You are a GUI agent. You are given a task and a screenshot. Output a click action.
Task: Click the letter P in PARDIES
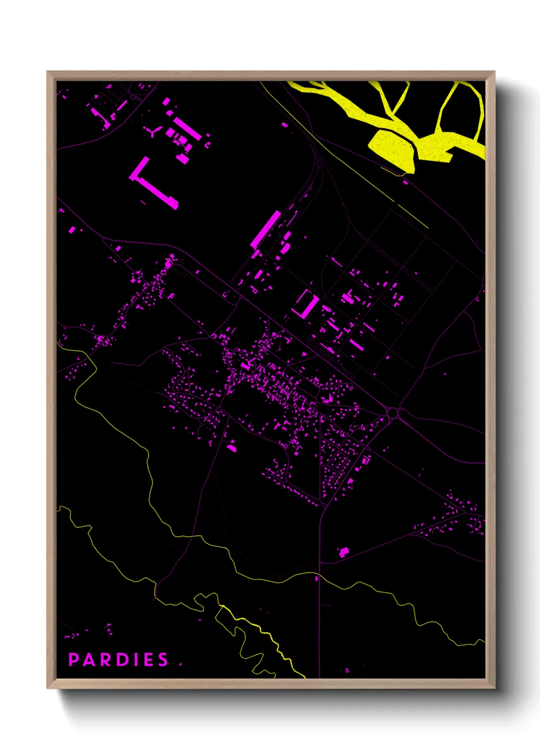pos(74,660)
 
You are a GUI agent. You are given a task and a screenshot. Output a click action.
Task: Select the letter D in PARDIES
pos(119,660)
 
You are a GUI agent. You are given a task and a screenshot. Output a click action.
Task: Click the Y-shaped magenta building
pos(153,132)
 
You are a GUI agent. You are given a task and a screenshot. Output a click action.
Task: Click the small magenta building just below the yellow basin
pos(406,182)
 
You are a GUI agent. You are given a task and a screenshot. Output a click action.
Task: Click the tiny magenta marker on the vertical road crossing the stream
pos(316,578)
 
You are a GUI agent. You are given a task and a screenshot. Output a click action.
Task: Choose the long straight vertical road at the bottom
pos(320,612)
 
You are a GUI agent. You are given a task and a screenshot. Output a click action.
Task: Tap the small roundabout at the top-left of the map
pos(133,96)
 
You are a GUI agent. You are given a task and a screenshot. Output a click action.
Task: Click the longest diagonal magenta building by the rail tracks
pos(265,229)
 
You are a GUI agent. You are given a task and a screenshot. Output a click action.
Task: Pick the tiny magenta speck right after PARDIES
pos(181,664)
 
